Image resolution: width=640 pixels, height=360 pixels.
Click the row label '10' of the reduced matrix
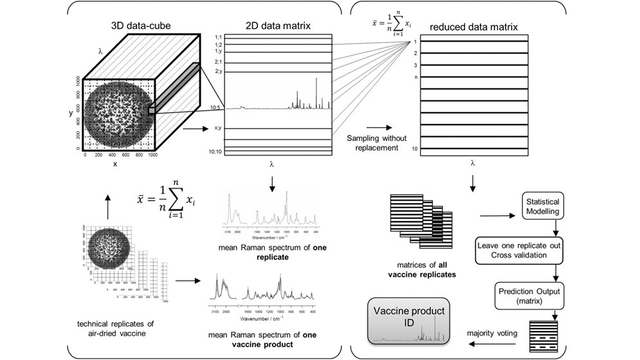(x=415, y=148)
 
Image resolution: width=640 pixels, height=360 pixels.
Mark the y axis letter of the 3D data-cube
(x=71, y=113)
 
